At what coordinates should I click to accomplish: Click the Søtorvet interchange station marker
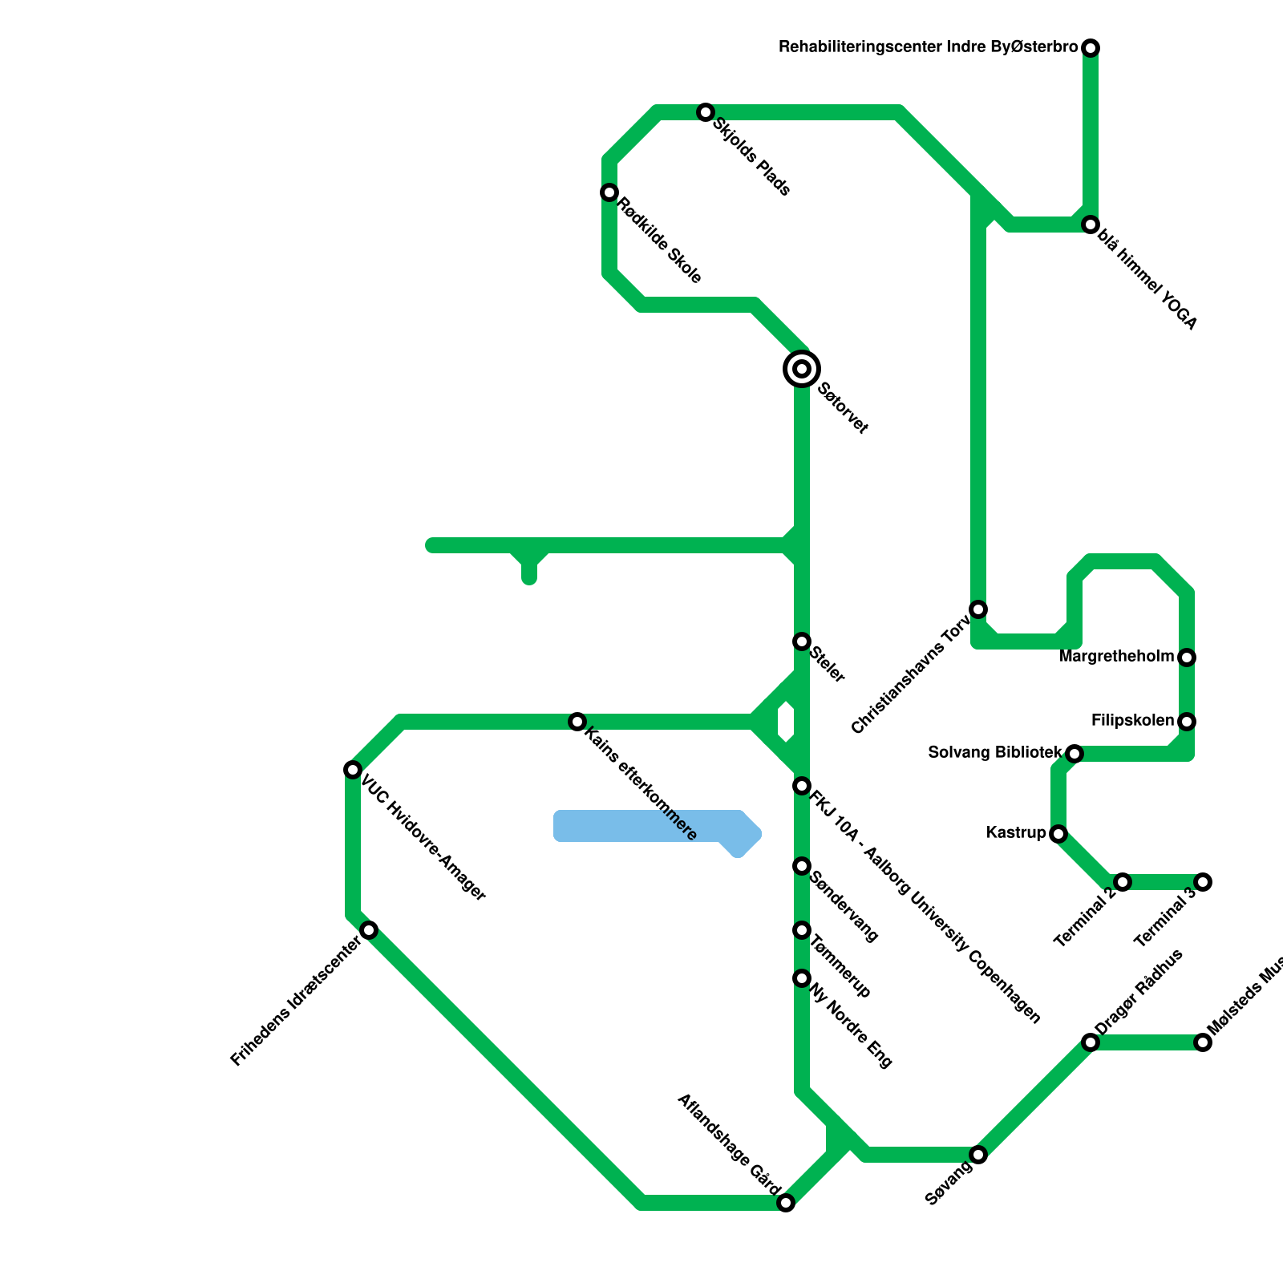click(x=802, y=369)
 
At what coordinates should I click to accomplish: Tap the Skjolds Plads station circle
click(x=706, y=112)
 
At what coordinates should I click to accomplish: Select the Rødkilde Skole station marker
click(x=609, y=192)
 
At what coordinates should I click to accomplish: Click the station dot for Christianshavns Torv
click(x=978, y=609)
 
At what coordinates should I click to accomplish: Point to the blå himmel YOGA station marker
click(x=1091, y=225)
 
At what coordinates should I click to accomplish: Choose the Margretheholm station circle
click(x=1187, y=658)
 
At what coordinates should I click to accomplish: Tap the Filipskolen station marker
click(x=1187, y=722)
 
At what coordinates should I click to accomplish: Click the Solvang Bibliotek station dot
click(x=1075, y=754)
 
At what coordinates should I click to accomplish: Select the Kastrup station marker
click(x=1058, y=834)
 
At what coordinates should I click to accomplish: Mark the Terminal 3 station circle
click(x=1203, y=882)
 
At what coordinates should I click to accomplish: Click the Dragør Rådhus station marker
click(x=1091, y=1042)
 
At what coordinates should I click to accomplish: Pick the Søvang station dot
click(x=978, y=1155)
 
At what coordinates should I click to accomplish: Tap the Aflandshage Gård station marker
click(x=786, y=1203)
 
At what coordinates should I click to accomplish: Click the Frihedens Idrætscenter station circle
click(x=369, y=930)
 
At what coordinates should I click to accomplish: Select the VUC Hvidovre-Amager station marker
click(x=353, y=770)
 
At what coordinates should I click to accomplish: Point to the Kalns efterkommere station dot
click(x=577, y=722)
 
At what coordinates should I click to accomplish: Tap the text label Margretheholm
click(x=1116, y=658)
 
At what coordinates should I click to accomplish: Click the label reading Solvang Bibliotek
click(x=995, y=753)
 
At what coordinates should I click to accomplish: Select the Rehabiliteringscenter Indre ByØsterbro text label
click(x=929, y=48)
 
